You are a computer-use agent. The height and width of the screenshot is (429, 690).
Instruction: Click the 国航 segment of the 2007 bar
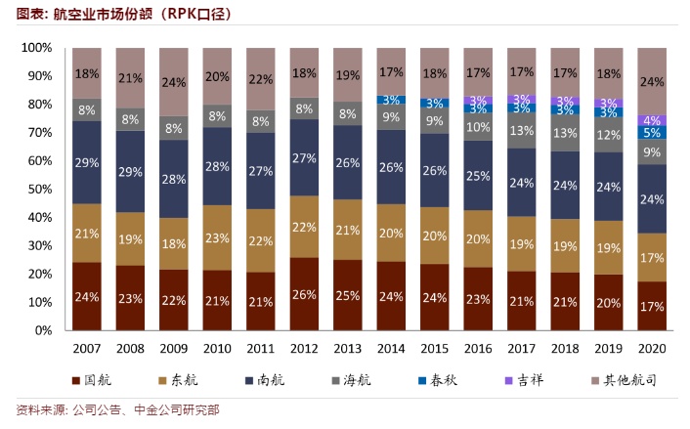pyautogui.click(x=86, y=296)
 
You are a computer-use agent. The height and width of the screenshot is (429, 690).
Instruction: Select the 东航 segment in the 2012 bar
pyautogui.click(x=305, y=227)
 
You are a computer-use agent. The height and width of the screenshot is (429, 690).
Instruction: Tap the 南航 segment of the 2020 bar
pyautogui.click(x=652, y=199)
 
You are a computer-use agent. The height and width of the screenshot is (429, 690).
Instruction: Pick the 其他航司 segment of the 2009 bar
pyautogui.click(x=173, y=82)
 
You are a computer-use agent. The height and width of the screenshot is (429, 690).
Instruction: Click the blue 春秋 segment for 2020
pyautogui.click(x=652, y=132)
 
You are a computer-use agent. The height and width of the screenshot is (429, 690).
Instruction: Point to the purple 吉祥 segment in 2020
pyautogui.click(x=652, y=120)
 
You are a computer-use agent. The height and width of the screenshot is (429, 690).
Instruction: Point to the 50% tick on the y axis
pyautogui.click(x=36, y=189)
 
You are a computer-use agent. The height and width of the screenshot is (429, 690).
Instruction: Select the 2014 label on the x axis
pyautogui.click(x=391, y=349)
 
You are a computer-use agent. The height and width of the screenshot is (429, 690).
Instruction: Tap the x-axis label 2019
pyautogui.click(x=609, y=349)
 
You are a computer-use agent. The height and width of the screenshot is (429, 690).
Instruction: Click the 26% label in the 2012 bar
pyautogui.click(x=305, y=294)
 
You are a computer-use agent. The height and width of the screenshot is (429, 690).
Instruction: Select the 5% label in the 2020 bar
pyautogui.click(x=652, y=132)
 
